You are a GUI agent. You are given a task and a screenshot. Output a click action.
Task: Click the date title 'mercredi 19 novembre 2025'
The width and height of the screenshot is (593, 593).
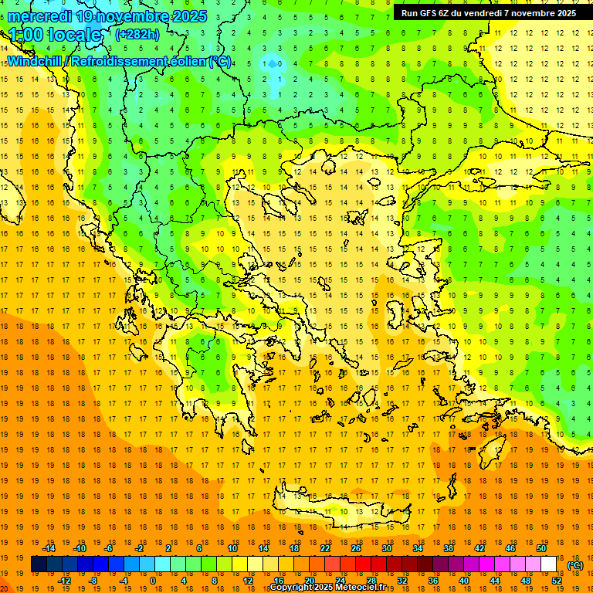107,15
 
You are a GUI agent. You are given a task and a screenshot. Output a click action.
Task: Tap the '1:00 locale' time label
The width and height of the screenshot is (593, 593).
55,35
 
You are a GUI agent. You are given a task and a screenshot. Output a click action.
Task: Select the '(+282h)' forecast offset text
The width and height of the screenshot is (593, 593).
137,34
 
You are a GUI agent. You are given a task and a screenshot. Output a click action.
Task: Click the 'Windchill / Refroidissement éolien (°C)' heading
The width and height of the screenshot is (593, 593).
119,61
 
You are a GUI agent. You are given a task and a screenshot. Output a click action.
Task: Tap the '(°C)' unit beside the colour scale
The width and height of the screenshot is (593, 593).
574,564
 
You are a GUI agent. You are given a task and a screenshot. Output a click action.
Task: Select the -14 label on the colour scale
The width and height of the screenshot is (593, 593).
49,548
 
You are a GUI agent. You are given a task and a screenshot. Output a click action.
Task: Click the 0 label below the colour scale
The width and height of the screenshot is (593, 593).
152,581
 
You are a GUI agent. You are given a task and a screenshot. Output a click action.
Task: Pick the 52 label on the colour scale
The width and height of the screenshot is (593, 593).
556,581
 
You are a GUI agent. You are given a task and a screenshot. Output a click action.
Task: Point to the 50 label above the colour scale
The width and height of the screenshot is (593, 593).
540,548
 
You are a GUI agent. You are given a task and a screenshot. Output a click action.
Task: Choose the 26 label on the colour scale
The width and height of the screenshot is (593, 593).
356,548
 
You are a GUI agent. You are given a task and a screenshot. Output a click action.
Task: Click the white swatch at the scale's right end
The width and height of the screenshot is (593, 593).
549,564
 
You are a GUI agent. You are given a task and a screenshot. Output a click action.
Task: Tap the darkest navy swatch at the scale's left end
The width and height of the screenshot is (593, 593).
39,564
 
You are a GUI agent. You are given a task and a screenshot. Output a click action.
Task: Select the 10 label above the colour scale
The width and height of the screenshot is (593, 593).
232,548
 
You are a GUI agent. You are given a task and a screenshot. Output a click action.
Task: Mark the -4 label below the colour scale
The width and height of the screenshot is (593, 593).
123,581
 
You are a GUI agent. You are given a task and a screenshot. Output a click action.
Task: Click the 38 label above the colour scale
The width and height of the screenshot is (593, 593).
449,548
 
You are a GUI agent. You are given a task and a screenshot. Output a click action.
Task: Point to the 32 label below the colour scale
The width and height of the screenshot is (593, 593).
402,581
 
